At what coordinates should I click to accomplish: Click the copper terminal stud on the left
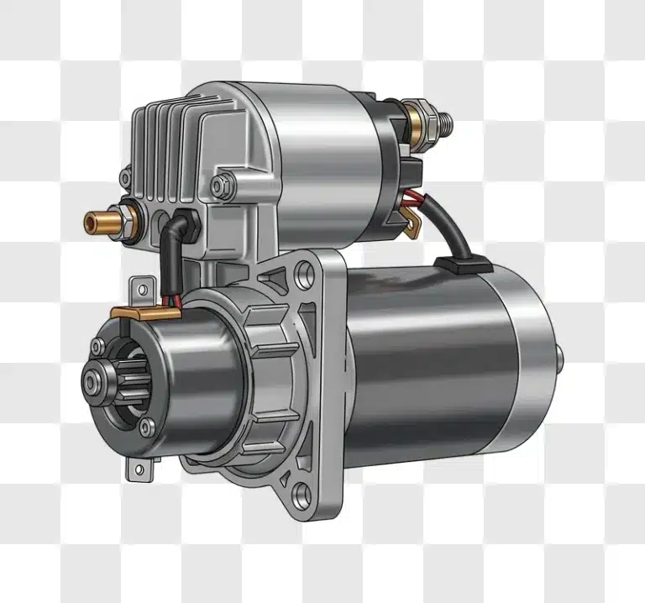point(94,223)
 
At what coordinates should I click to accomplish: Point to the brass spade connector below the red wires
point(412,220)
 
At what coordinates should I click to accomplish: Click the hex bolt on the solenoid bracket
point(220,184)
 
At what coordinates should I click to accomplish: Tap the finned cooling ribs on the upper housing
point(168,151)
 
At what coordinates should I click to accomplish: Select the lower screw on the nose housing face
point(147,427)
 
